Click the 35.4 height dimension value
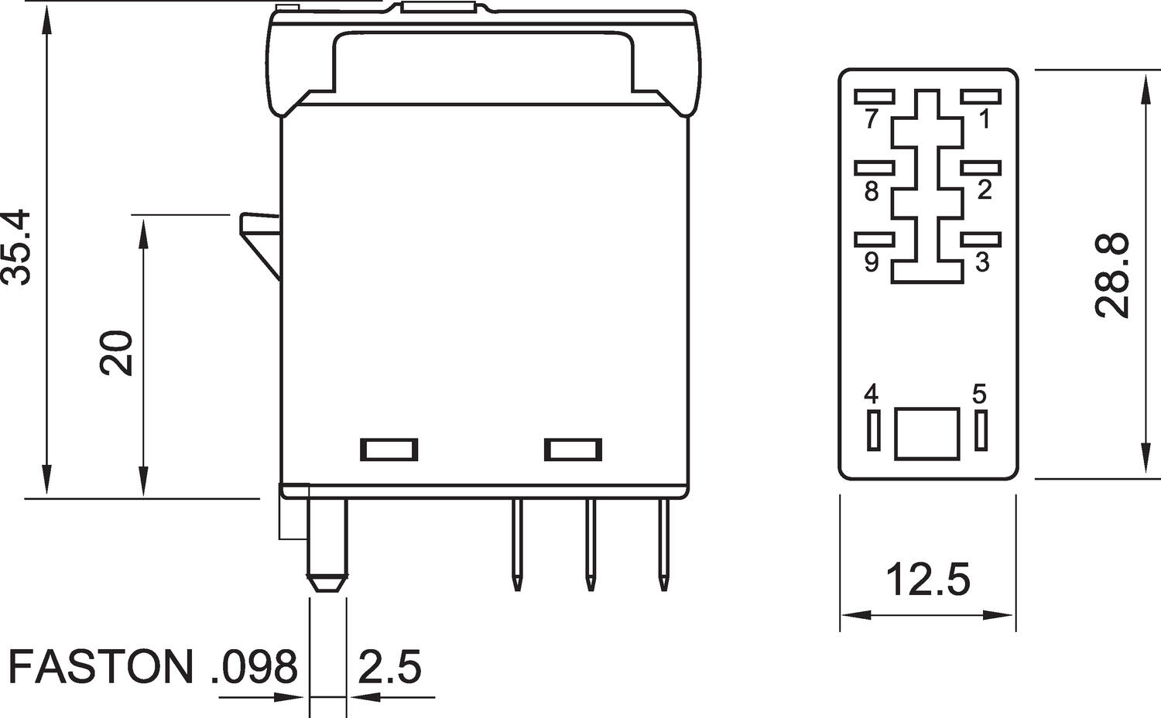tap(17, 247)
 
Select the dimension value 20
tap(118, 353)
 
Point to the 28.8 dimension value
tap(1112, 275)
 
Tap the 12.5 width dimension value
tap(927, 579)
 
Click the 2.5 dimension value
tap(389, 667)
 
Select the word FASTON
tap(100, 667)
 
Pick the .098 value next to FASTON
tap(254, 667)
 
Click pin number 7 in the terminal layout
tap(872, 120)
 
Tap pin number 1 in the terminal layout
tap(984, 120)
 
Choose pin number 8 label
tap(872, 191)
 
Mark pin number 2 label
tap(984, 190)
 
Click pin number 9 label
tap(872, 263)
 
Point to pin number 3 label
tap(982, 262)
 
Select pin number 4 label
tap(872, 395)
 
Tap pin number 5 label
tap(980, 395)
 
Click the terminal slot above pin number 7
tap(875, 97)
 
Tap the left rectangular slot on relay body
tap(389, 450)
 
